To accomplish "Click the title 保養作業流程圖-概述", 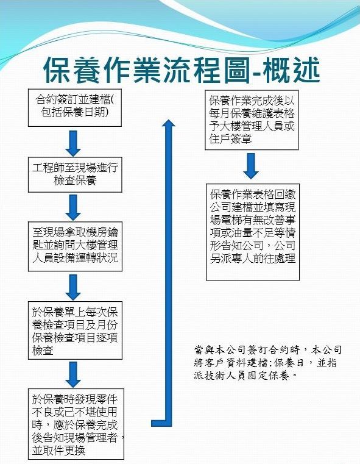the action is click(x=182, y=71).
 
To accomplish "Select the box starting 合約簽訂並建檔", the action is click(x=75, y=108).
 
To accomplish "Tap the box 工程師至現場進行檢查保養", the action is click(x=75, y=175).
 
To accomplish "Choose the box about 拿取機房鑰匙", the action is click(x=75, y=246).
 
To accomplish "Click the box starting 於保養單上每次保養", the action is click(x=75, y=330).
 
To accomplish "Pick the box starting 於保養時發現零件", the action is click(x=76, y=424).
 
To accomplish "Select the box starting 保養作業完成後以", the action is click(x=252, y=120).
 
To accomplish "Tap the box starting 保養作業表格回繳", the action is click(x=253, y=232).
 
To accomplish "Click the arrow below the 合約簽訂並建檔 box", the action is click(x=73, y=143).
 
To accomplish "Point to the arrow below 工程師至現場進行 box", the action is click(x=73, y=208).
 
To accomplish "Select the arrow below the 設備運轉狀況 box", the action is click(x=73, y=287).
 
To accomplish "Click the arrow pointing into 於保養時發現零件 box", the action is click(x=73, y=374).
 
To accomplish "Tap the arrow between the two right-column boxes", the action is click(x=251, y=166).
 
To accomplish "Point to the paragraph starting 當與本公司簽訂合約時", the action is click(x=267, y=363).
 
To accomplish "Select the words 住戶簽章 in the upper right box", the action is click(x=230, y=139).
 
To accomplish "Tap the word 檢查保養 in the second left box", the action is click(x=75, y=180).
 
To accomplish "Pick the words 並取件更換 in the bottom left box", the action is click(x=59, y=451).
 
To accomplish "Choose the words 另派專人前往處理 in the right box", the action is click(x=253, y=259).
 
